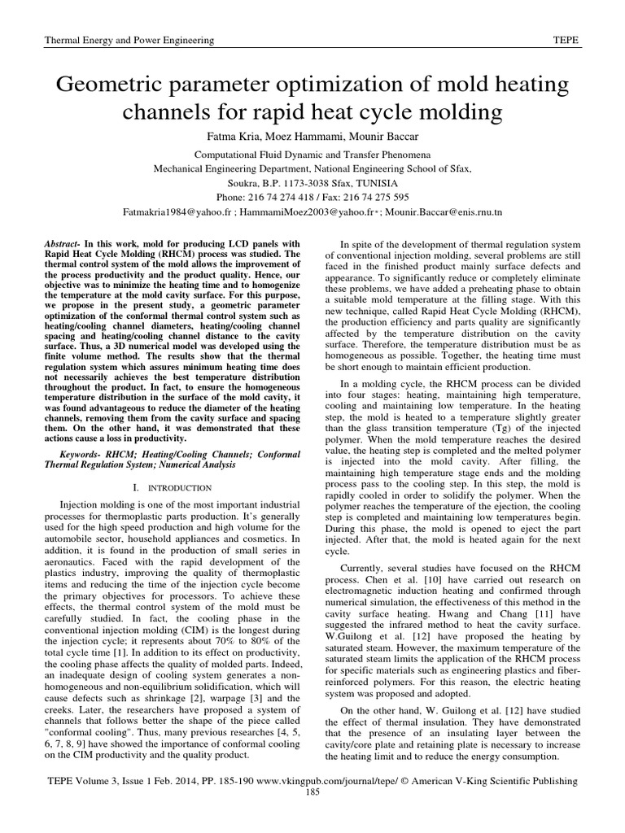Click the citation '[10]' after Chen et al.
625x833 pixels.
(x=438, y=581)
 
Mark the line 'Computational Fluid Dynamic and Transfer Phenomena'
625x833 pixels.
(x=312, y=155)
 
